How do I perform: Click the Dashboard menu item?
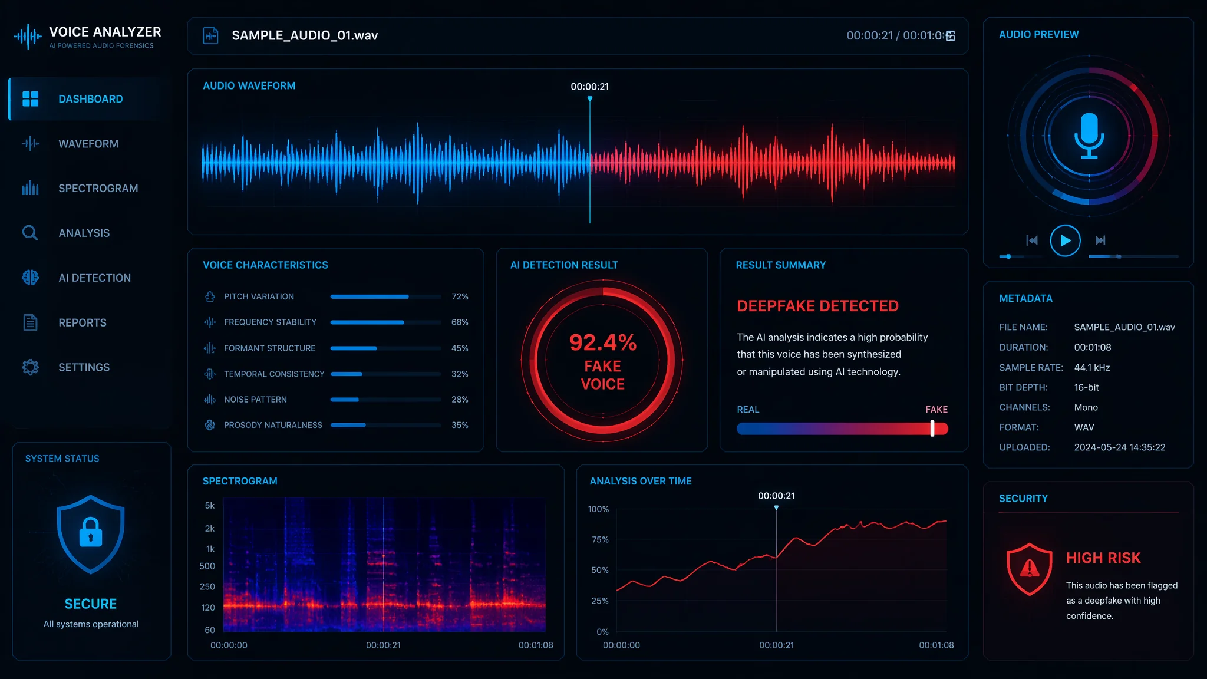click(x=90, y=99)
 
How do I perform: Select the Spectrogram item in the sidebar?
click(x=98, y=189)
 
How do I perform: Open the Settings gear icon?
click(x=30, y=367)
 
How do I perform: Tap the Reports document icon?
click(x=30, y=322)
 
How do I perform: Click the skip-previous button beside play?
click(x=1032, y=240)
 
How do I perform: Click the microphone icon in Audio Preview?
click(x=1089, y=136)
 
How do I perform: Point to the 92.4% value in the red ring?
click(x=603, y=342)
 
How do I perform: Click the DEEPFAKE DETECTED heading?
click(x=817, y=306)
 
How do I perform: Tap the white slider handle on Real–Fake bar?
click(x=932, y=429)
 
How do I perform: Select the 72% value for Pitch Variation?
click(x=460, y=296)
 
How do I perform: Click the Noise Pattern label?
click(x=255, y=400)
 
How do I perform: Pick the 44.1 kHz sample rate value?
click(x=1092, y=367)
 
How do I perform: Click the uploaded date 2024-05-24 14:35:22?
click(x=1120, y=447)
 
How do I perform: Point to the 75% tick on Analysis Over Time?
click(x=600, y=539)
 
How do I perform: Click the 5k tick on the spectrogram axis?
click(x=210, y=506)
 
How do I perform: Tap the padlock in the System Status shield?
click(x=91, y=532)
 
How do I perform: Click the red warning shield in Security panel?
click(x=1030, y=569)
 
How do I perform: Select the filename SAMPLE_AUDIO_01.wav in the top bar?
click(x=305, y=35)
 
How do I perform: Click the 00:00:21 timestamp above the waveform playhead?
click(x=590, y=87)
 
